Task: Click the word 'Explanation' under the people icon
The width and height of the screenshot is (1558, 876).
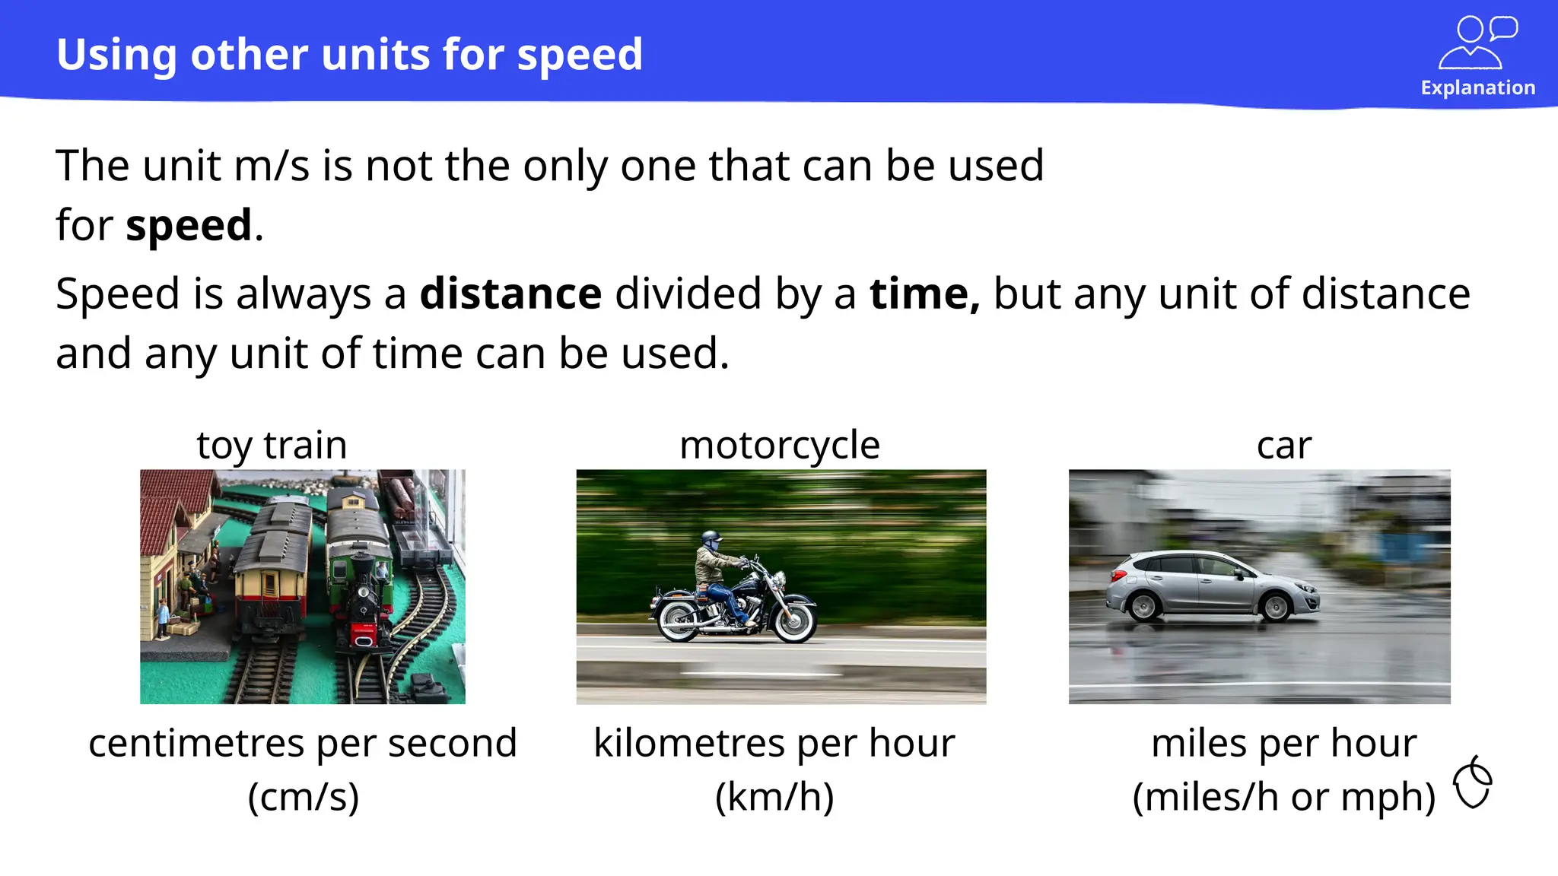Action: point(1477,87)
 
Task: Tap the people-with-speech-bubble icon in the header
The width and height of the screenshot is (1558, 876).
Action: point(1477,43)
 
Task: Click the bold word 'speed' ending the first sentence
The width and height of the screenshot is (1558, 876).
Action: point(189,226)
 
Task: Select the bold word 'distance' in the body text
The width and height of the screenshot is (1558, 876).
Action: point(510,294)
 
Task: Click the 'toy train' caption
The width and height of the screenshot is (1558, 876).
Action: point(272,445)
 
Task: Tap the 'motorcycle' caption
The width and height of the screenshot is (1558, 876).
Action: point(780,445)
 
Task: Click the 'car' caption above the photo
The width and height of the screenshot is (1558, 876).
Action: point(1284,445)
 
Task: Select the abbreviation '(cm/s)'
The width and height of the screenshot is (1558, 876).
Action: point(303,797)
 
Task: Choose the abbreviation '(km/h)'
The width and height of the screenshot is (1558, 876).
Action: point(774,797)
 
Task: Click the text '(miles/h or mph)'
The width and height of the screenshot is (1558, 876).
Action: point(1283,797)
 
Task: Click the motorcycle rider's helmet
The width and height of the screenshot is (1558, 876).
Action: point(711,539)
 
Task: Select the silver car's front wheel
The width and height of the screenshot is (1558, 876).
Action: point(1275,606)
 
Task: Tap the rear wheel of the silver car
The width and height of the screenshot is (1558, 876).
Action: point(1143,606)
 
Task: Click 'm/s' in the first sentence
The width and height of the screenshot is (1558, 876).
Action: point(272,166)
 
